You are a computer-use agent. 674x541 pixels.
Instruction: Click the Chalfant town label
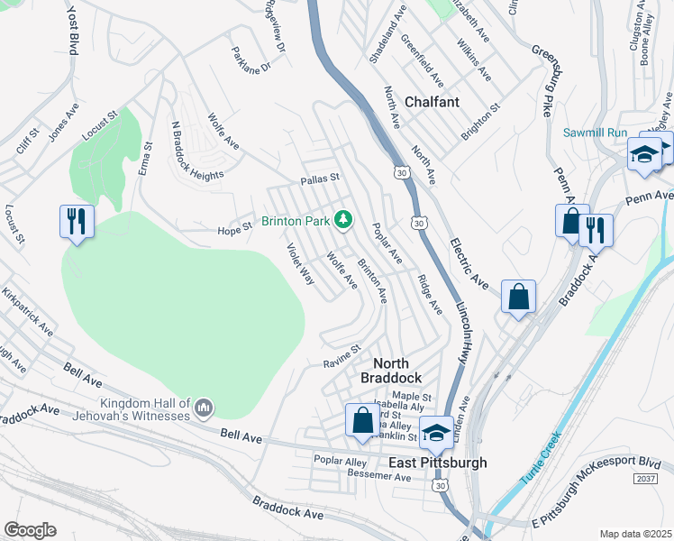point(432,102)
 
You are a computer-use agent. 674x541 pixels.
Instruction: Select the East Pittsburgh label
point(437,463)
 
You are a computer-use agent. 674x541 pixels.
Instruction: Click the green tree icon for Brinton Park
point(342,220)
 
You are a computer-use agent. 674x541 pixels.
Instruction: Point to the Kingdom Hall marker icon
point(204,409)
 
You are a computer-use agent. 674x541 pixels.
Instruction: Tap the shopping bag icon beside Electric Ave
point(518,297)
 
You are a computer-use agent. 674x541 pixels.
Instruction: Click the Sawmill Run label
point(595,133)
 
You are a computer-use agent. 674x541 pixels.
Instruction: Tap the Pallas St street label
point(319,179)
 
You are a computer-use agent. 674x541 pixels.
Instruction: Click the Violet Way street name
point(300,264)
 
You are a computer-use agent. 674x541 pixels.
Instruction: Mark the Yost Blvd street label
point(73,32)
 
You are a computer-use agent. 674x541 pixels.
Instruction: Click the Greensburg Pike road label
point(544,82)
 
